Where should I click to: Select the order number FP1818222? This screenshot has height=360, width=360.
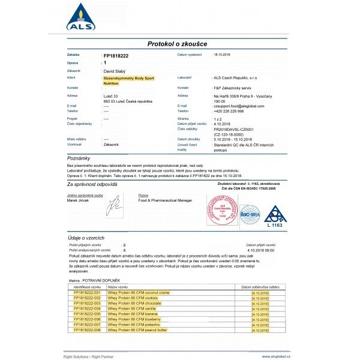click(116, 55)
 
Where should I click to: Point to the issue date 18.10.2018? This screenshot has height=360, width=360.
click(226, 55)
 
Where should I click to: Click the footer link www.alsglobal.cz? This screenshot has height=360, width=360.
click(276, 356)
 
